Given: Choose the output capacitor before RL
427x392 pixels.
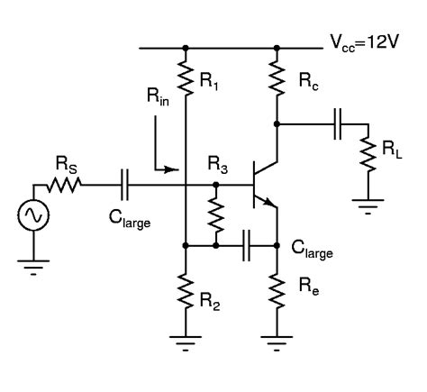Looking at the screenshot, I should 337,124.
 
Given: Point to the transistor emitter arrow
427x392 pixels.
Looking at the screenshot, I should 268,205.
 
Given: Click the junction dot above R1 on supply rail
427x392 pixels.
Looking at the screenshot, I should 185,48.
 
